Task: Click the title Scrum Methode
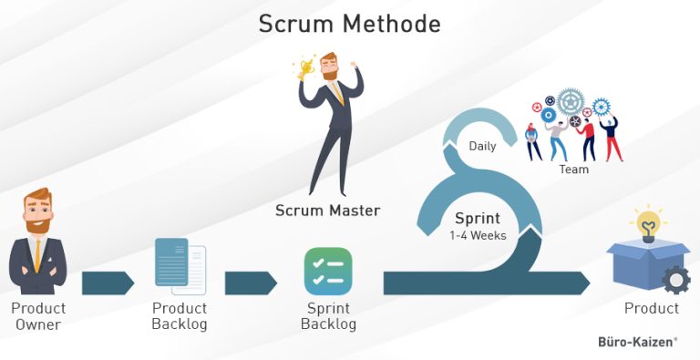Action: click(x=350, y=24)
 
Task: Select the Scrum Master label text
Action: click(x=328, y=211)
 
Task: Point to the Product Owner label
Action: click(x=37, y=316)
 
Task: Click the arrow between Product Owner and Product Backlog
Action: click(x=108, y=283)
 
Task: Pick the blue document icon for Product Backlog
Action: click(x=178, y=265)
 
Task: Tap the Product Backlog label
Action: click(x=180, y=316)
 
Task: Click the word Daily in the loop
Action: click(x=483, y=146)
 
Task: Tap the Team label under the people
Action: click(x=574, y=170)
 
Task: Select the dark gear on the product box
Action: click(x=675, y=280)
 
